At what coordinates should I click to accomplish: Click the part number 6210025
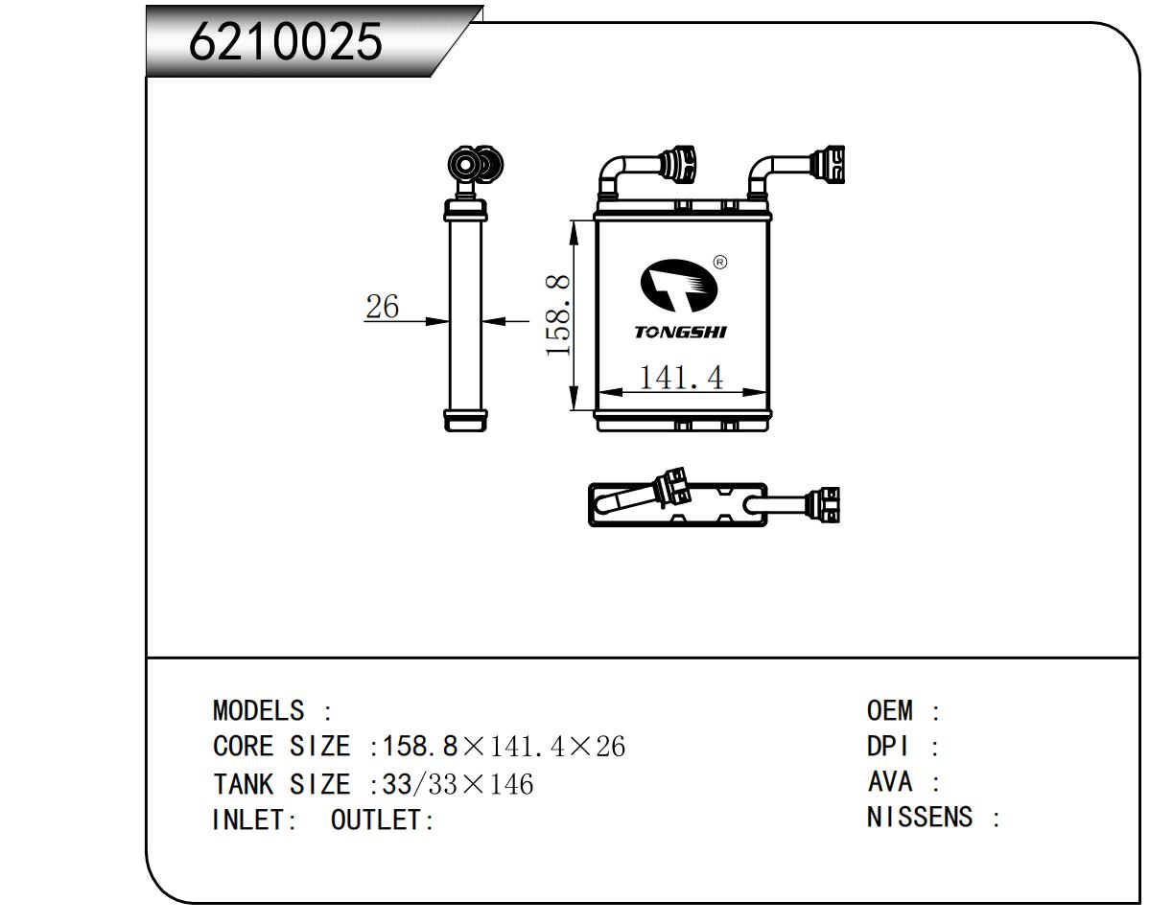[285, 42]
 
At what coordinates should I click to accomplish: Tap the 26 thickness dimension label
[382, 306]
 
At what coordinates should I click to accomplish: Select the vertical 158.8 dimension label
[557, 315]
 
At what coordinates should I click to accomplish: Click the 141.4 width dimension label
[681, 377]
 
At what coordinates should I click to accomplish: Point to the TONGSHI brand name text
[681, 332]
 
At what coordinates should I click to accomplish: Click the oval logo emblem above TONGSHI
[679, 286]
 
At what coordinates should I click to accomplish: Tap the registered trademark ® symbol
[720, 263]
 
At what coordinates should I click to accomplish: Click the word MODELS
[258, 710]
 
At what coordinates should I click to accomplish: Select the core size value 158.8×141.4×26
[504, 747]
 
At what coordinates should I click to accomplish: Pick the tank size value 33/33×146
[457, 784]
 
